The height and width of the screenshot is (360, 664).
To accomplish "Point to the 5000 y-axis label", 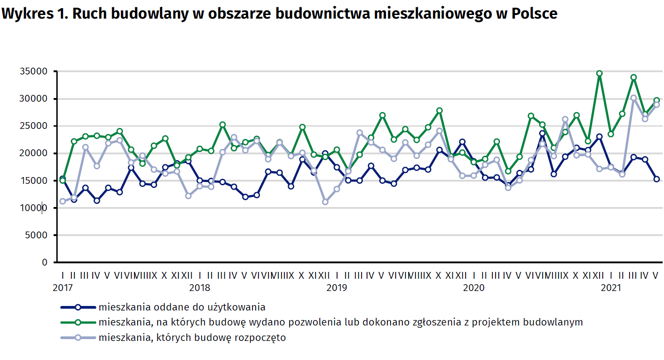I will tap(37, 235).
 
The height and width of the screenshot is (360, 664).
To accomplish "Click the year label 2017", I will tap(62, 287).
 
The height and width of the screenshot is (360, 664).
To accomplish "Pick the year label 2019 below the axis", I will tap(337, 287).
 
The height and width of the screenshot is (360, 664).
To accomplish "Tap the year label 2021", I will tap(611, 287).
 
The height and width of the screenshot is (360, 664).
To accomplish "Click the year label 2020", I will tap(474, 287).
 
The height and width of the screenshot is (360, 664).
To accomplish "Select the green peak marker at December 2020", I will tap(600, 74).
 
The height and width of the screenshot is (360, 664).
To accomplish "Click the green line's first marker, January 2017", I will tap(63, 181).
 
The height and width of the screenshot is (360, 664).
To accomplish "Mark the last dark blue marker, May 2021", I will tap(656, 179).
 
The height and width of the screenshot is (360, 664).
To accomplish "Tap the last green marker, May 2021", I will tap(656, 100).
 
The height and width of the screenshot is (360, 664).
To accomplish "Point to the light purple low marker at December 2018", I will tap(325, 202).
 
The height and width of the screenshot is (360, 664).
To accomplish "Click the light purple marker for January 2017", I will tap(63, 201).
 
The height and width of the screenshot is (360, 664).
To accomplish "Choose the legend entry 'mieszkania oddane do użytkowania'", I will tap(182, 307).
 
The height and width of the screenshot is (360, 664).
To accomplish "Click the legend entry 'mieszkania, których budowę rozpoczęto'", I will tap(192, 338).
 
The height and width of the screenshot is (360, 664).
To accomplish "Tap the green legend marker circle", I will tap(78, 322).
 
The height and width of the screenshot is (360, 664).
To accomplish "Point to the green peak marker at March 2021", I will tap(634, 77).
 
